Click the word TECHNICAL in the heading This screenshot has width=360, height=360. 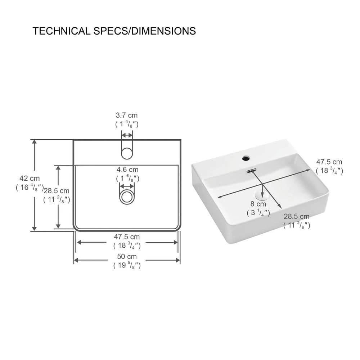[61, 31]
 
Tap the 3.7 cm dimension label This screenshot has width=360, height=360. [127, 116]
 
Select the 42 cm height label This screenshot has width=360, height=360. [30, 179]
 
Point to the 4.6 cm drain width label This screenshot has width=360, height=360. [127, 170]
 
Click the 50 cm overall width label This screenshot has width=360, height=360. [127, 257]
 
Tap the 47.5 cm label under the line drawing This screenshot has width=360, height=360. [127, 237]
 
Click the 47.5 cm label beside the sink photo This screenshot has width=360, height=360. [329, 162]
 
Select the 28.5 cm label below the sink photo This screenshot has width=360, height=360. [296, 217]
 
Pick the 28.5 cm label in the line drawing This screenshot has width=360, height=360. [57, 191]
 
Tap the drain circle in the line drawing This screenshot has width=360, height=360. [127, 197]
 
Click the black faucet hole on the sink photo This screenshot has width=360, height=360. [246, 158]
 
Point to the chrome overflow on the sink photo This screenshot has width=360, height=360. [251, 171]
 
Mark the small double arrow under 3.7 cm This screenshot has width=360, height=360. [127, 135]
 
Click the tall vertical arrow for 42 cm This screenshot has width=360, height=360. [35, 185]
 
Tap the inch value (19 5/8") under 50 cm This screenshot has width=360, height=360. [127, 266]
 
